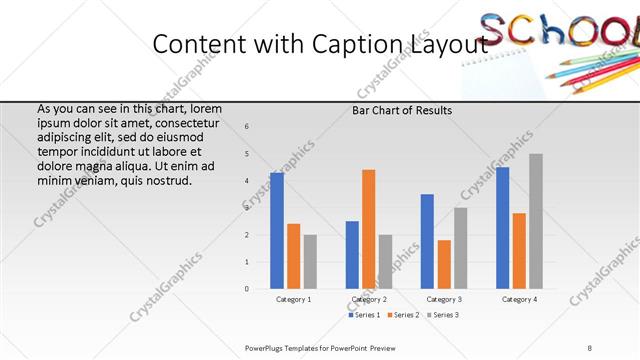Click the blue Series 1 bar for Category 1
tap(277, 230)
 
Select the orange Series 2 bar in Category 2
tap(368, 229)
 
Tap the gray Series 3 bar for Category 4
tap(536, 221)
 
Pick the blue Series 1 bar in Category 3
tap(427, 241)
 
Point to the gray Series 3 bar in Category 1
tap(310, 262)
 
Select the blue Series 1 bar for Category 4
tap(502, 228)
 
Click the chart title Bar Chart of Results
tap(402, 110)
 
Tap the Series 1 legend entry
tap(364, 315)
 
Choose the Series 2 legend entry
tap(402, 315)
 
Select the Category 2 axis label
tap(368, 299)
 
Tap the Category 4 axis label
tap(519, 299)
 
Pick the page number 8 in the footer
tap(590, 348)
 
